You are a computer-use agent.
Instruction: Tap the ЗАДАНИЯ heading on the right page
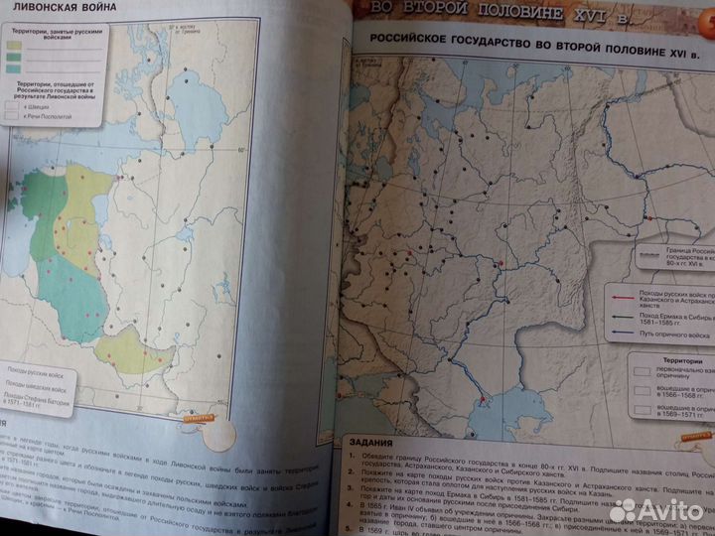[x=368, y=443]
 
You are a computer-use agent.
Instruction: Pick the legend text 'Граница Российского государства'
[x=684, y=255]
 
